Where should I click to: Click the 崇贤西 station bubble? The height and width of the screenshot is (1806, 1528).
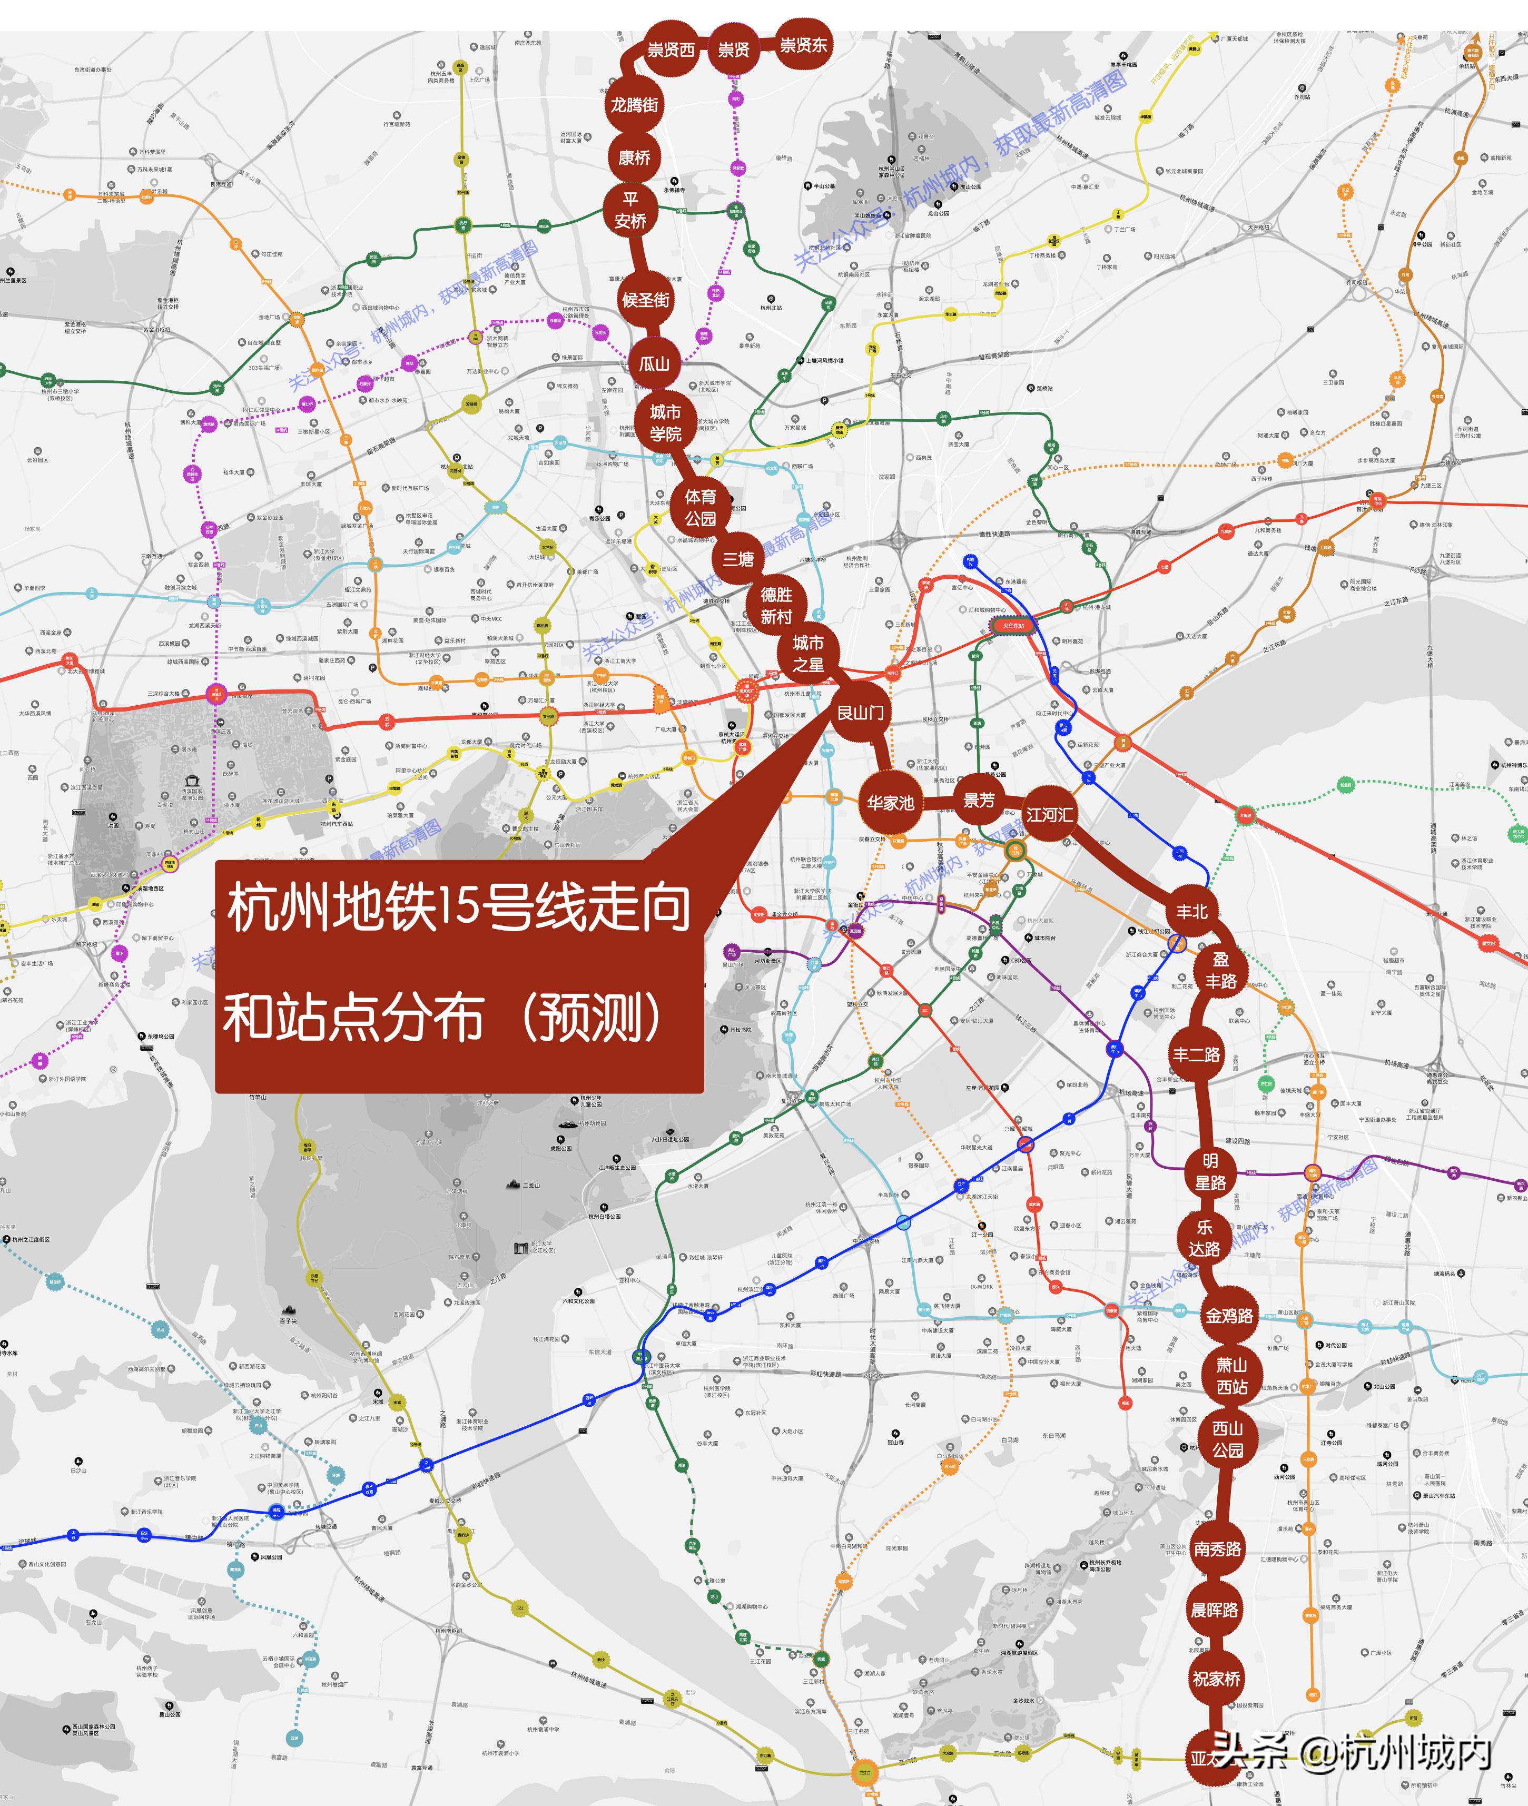click(671, 50)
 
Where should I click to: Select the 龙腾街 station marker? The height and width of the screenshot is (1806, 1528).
click(635, 105)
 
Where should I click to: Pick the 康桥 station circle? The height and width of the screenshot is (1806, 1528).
click(635, 157)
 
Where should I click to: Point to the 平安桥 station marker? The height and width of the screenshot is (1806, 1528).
click(630, 211)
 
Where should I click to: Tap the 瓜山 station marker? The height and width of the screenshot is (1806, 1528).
click(655, 364)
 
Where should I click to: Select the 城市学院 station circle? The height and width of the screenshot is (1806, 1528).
click(665, 423)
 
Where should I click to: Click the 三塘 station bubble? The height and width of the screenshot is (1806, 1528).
click(738, 559)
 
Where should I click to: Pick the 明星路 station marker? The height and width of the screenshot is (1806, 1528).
click(1210, 1171)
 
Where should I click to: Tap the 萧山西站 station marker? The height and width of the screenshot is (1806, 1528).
click(1231, 1376)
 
